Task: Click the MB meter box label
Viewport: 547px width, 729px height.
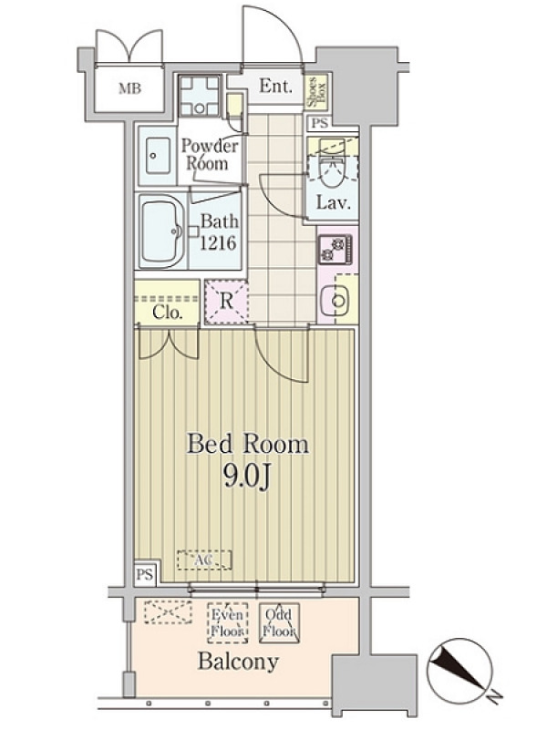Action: (129, 87)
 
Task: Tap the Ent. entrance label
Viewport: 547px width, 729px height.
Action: (276, 86)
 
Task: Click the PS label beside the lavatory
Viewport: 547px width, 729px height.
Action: (320, 123)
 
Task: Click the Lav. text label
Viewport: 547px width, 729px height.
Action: (333, 202)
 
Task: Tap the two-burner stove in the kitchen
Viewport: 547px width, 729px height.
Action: (335, 249)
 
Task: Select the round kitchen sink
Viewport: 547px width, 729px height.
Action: (338, 301)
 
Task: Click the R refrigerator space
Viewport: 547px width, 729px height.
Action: (226, 302)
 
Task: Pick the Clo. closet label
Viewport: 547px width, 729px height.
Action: (167, 313)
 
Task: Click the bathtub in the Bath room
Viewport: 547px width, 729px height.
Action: (163, 231)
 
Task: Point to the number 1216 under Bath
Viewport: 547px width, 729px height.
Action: (219, 242)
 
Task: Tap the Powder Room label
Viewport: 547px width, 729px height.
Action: (210, 155)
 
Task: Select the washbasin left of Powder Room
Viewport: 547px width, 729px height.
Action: (157, 156)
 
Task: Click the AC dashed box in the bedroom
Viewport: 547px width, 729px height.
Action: (204, 560)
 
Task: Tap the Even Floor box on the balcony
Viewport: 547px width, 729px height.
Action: (227, 623)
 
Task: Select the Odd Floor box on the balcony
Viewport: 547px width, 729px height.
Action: (279, 623)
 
